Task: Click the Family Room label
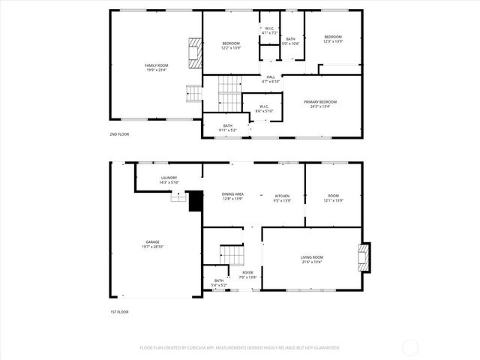tap(156, 66)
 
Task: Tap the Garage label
tap(152, 242)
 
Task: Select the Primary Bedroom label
tap(320, 102)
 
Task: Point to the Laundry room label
tap(168, 178)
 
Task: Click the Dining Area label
tap(233, 194)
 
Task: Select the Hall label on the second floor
tap(271, 76)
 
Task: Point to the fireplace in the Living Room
tap(364, 257)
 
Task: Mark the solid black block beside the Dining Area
tap(196, 201)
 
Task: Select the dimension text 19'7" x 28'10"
tap(152, 247)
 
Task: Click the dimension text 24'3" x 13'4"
tap(320, 106)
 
